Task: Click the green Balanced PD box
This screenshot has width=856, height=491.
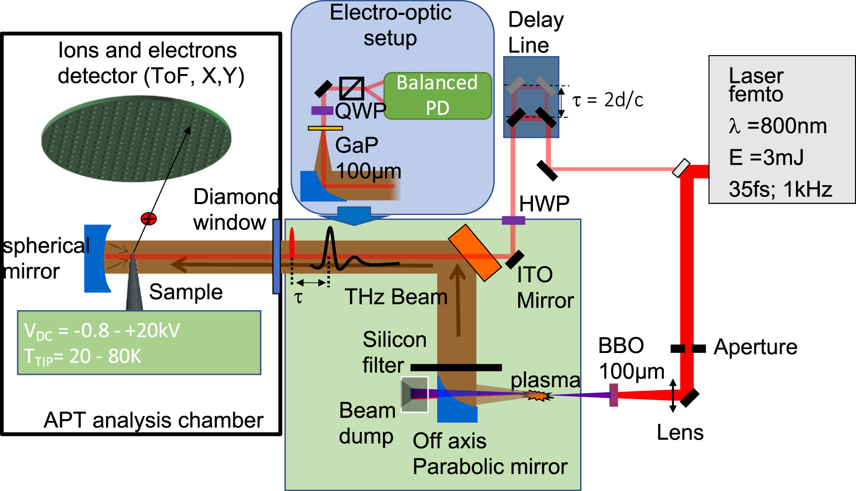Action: [x=438, y=95]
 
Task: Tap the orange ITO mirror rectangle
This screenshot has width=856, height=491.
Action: [x=474, y=253]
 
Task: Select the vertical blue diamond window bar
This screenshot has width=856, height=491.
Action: [x=276, y=256]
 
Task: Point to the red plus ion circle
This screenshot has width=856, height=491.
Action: [x=148, y=218]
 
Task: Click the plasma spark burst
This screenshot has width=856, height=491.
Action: [x=538, y=395]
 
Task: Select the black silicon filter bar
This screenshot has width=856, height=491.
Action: [x=456, y=367]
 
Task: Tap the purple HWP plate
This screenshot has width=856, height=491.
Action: [x=513, y=220]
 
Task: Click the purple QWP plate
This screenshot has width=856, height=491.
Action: [x=322, y=111]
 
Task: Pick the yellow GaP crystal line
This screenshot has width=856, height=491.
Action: [x=325, y=128]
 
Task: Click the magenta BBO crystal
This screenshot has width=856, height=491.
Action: [x=614, y=395]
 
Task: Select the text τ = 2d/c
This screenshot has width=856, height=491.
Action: [x=607, y=100]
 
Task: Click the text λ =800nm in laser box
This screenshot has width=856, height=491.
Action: [x=778, y=126]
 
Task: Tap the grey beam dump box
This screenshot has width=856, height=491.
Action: [x=414, y=394]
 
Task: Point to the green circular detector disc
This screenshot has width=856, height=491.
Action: [x=136, y=139]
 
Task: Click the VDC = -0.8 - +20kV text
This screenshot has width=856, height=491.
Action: [x=102, y=331]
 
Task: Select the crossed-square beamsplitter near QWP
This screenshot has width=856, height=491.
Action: [x=351, y=88]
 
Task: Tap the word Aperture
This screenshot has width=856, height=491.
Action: [x=755, y=347]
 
